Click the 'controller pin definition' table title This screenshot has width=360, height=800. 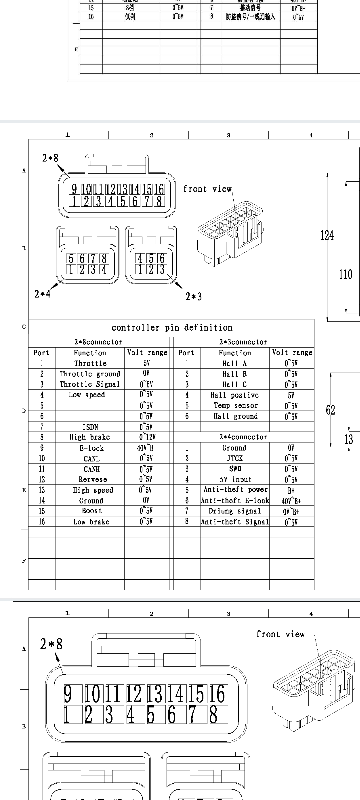[x=172, y=328]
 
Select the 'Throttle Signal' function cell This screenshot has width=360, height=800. [x=90, y=384]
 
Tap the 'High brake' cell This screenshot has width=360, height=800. [x=90, y=437]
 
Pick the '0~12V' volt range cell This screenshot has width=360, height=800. [x=147, y=437]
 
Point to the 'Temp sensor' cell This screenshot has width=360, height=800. [x=235, y=406]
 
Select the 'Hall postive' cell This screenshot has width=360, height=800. [x=235, y=395]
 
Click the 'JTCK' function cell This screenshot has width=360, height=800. [x=235, y=458]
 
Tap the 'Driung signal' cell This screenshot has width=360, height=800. [x=235, y=511]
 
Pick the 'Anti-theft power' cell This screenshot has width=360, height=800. [x=235, y=490]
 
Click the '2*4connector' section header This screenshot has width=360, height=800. [x=243, y=437]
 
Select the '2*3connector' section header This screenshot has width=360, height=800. [x=243, y=342]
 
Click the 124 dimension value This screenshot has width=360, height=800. [x=327, y=236]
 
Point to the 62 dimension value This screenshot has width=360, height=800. [x=330, y=410]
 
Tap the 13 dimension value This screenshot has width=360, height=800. [x=348, y=439]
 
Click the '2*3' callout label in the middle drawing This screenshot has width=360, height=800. [x=193, y=296]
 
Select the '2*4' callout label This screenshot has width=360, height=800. [x=42, y=294]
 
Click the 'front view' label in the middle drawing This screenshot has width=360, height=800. [x=207, y=189]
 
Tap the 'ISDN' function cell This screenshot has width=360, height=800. [x=90, y=427]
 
